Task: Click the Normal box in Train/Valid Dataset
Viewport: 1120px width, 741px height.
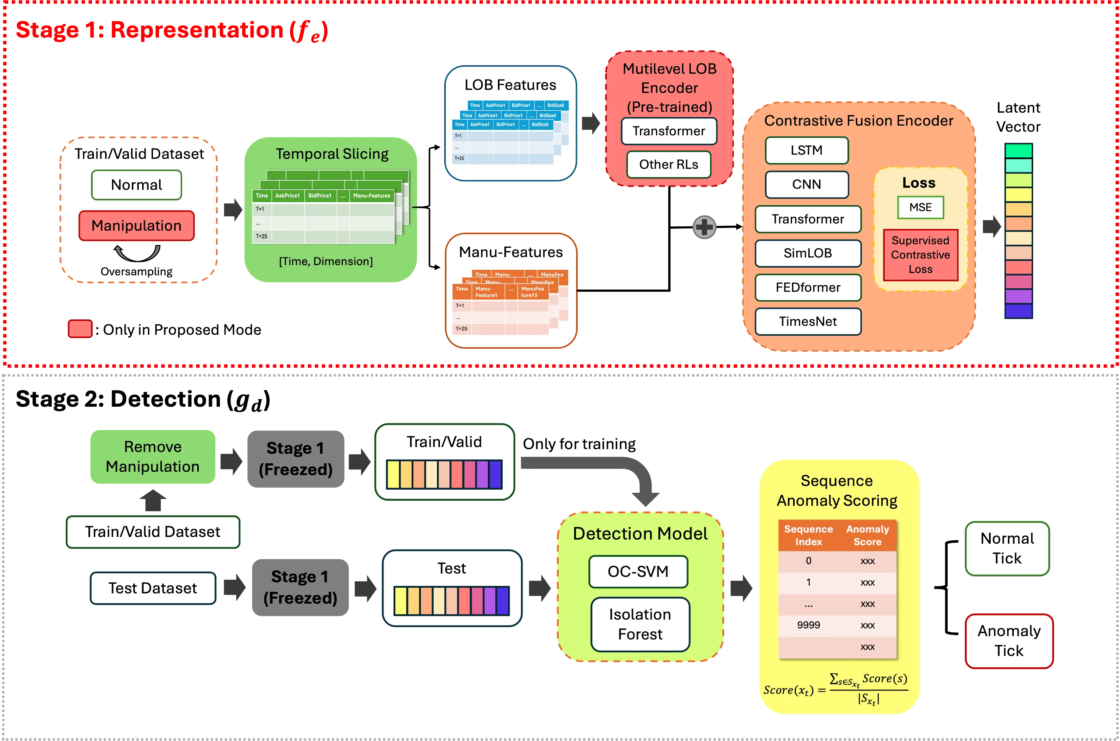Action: (x=137, y=185)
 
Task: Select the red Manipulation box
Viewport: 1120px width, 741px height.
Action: (x=137, y=225)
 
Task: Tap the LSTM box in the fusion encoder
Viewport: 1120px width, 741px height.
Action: (x=807, y=150)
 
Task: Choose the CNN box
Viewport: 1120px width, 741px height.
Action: (x=807, y=184)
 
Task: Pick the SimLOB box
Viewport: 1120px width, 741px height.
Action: (x=808, y=253)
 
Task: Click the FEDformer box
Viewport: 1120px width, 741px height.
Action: (x=808, y=287)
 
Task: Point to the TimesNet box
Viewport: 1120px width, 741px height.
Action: (x=808, y=321)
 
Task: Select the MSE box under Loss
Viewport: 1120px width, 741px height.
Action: (x=920, y=207)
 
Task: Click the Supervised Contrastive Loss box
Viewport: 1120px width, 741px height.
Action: (x=920, y=255)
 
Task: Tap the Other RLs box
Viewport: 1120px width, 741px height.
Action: (x=668, y=164)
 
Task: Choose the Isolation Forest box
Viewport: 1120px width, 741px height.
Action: (x=640, y=624)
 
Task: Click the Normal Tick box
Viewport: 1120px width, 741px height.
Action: (x=1007, y=548)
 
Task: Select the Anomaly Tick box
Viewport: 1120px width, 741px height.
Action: (x=1009, y=641)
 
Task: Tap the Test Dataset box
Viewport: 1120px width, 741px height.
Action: (x=153, y=588)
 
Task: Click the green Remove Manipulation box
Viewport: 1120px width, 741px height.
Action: (x=153, y=456)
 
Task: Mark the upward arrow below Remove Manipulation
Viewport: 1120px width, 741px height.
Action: (x=153, y=500)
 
